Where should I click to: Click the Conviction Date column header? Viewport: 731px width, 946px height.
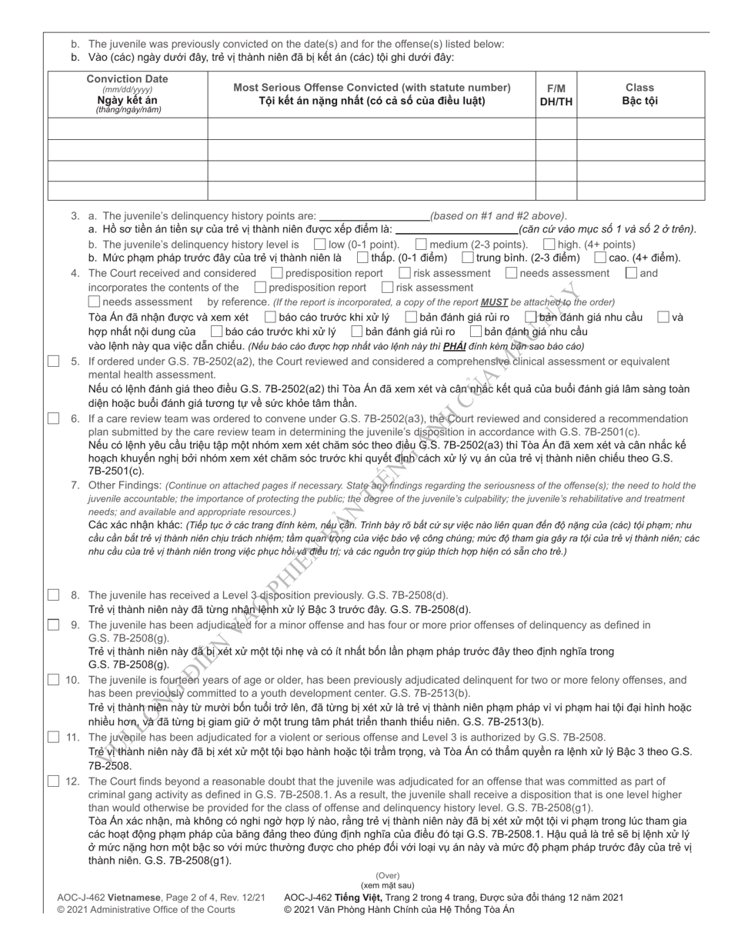click(x=128, y=94)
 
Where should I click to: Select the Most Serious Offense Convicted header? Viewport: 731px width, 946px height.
click(x=372, y=94)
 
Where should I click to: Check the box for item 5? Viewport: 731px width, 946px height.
click(x=53, y=361)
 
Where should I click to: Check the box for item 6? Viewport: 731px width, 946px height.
click(x=53, y=419)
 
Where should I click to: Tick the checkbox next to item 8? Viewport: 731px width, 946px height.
click(x=53, y=595)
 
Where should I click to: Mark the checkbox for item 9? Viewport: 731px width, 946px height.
click(x=53, y=625)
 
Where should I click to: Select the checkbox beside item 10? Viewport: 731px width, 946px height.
click(x=53, y=680)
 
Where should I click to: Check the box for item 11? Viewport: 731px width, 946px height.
click(x=53, y=737)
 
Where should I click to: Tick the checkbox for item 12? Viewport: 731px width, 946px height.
click(x=53, y=781)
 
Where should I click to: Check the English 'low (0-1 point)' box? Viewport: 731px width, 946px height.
click(x=320, y=245)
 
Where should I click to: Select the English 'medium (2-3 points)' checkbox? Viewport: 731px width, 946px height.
click(x=422, y=245)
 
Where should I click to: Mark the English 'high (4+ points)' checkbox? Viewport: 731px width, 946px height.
click(x=549, y=245)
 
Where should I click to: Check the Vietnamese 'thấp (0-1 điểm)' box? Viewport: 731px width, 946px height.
click(x=362, y=258)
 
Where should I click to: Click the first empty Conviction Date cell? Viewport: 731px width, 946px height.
click(x=128, y=128)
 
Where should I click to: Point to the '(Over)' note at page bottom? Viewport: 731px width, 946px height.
click(x=387, y=876)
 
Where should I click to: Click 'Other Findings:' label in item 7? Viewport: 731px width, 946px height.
click(x=125, y=486)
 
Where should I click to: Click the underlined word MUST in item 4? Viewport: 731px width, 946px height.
click(x=494, y=302)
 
